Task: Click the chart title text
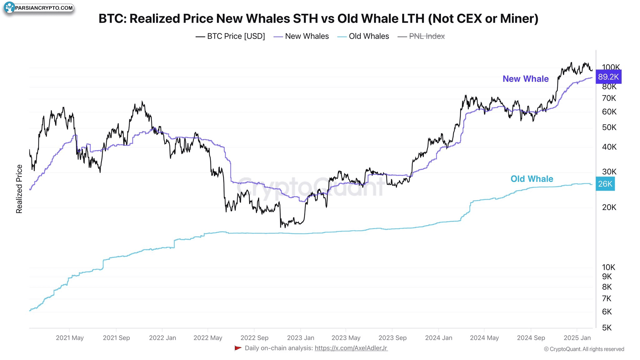pyautogui.click(x=318, y=19)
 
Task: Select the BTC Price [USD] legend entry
pyautogui.click(x=230, y=36)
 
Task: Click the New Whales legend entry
pyautogui.click(x=301, y=36)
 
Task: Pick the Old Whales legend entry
pyautogui.click(x=363, y=36)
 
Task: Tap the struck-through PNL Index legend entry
pyautogui.click(x=421, y=36)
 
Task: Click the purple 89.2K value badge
pyautogui.click(x=608, y=77)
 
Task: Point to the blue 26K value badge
pyautogui.click(x=605, y=184)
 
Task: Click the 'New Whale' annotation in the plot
pyautogui.click(x=525, y=79)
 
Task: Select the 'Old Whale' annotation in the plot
pyautogui.click(x=532, y=179)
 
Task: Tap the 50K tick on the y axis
pyautogui.click(x=609, y=127)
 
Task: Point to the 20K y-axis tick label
pyautogui.click(x=609, y=207)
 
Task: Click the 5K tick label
pyautogui.click(x=607, y=328)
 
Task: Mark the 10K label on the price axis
pyautogui.click(x=608, y=267)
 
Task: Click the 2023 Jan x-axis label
pyautogui.click(x=300, y=338)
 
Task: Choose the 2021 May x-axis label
pyautogui.click(x=70, y=338)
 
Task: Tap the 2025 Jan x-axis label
pyautogui.click(x=577, y=338)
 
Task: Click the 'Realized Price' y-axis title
pyautogui.click(x=19, y=189)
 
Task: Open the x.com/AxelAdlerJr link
pyautogui.click(x=351, y=348)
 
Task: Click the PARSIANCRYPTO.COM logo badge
pyautogui.click(x=39, y=8)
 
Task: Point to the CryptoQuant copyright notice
pyautogui.click(x=584, y=349)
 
